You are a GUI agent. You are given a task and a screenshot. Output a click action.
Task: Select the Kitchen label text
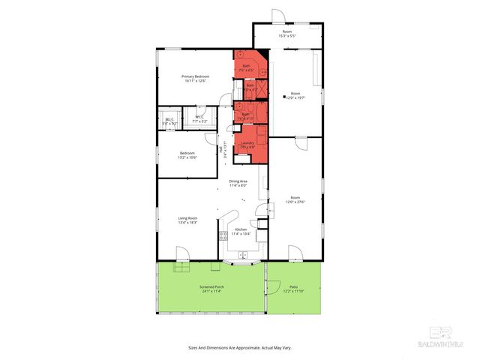tap(241, 231)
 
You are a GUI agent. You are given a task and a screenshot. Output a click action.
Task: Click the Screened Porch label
tap(212, 289)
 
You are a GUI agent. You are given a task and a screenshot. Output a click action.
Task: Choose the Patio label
tap(293, 289)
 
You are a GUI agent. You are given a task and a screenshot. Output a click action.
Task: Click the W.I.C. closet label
tap(199, 118)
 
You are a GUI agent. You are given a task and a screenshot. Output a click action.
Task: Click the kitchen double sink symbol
tap(243, 255)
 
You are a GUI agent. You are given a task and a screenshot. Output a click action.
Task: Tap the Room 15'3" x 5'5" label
tap(289, 34)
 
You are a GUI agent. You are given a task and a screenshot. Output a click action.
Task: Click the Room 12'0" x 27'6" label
tap(293, 199)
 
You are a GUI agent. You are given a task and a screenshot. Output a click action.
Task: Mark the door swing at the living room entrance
tap(182, 253)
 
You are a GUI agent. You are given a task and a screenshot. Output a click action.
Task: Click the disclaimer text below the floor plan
tap(239, 348)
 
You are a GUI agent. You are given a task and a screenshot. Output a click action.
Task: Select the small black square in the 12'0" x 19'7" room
tap(283, 97)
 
